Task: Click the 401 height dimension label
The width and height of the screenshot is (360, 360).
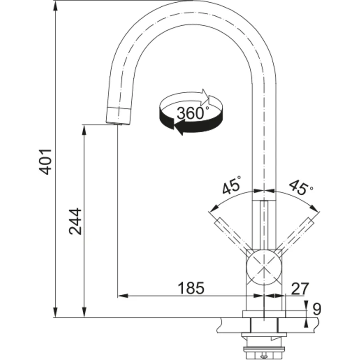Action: coord(45,162)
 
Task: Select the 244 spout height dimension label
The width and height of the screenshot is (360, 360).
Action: coord(75,221)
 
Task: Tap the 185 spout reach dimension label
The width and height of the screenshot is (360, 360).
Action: coord(191,288)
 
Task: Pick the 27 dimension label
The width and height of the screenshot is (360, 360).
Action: coord(300,288)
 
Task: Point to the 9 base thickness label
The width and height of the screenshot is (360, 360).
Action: coord(317,309)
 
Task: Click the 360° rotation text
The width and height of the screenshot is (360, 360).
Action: coord(193,113)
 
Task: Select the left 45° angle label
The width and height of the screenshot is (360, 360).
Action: coord(232,184)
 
